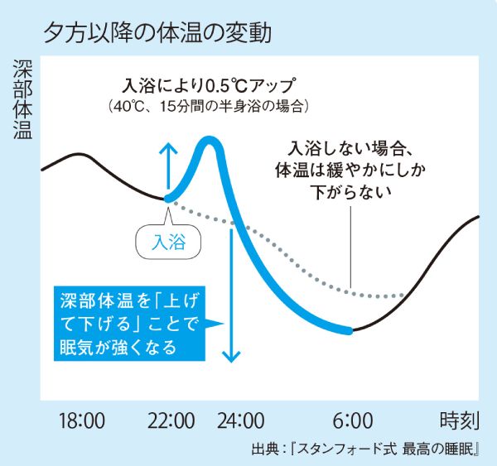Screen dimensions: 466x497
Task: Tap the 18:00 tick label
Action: tap(81, 420)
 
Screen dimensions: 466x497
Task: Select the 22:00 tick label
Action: tap(172, 420)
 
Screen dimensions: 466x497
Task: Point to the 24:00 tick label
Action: tap(241, 420)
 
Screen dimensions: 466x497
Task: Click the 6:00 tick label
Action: tap(355, 420)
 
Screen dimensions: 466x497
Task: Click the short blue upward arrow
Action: tap(168, 166)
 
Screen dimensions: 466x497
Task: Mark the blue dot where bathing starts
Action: tap(168, 198)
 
